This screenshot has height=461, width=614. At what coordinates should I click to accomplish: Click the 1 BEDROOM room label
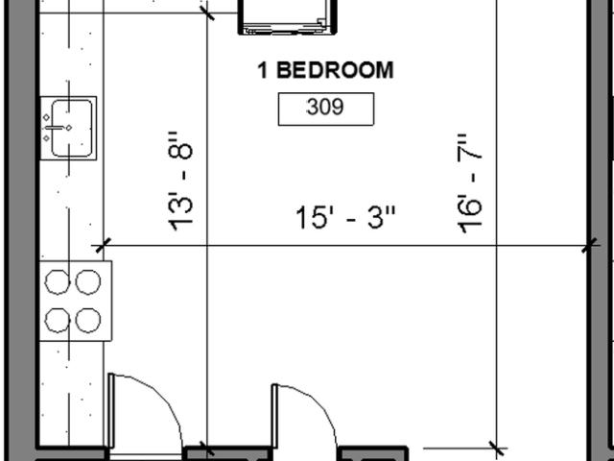click(325, 70)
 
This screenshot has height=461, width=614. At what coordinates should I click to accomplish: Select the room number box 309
click(326, 109)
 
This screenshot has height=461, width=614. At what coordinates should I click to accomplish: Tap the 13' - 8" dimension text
click(180, 182)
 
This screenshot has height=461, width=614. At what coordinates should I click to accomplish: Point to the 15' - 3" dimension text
click(345, 217)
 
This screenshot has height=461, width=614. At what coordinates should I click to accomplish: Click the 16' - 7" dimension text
click(469, 183)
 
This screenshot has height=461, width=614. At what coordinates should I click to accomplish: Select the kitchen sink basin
click(72, 128)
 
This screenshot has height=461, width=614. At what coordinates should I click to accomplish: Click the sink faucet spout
click(54, 128)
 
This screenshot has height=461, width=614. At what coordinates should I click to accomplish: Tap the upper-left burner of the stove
click(58, 282)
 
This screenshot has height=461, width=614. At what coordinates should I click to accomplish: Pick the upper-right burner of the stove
click(87, 282)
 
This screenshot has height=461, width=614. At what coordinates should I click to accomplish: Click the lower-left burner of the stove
click(58, 321)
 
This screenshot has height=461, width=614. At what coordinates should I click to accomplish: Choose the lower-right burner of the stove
click(87, 321)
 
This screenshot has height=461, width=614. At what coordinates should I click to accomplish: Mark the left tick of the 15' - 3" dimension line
click(104, 246)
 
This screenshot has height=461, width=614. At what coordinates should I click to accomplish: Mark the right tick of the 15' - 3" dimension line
click(590, 246)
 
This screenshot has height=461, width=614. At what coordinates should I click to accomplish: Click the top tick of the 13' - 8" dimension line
click(207, 12)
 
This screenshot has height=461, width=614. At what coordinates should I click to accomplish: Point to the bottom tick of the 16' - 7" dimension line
click(497, 448)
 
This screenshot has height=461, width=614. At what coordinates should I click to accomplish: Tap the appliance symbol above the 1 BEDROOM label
click(288, 17)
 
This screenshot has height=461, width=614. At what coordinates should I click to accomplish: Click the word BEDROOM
click(335, 70)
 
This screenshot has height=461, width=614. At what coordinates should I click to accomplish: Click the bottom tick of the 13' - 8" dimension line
click(207, 448)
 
